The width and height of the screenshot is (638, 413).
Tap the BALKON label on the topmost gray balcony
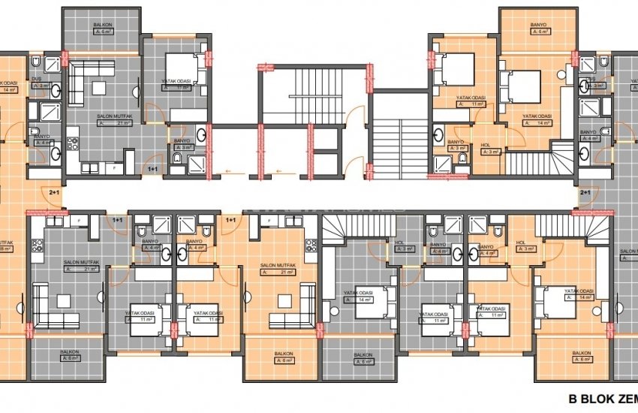103,26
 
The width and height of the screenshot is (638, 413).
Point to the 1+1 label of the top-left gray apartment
153,170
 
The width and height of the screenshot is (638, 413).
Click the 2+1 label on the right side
585,193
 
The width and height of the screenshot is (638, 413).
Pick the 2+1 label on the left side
55,193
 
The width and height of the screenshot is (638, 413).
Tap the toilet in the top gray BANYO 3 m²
176,159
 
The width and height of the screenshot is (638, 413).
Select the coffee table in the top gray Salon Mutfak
97,87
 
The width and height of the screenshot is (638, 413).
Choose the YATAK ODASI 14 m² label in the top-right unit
537,116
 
